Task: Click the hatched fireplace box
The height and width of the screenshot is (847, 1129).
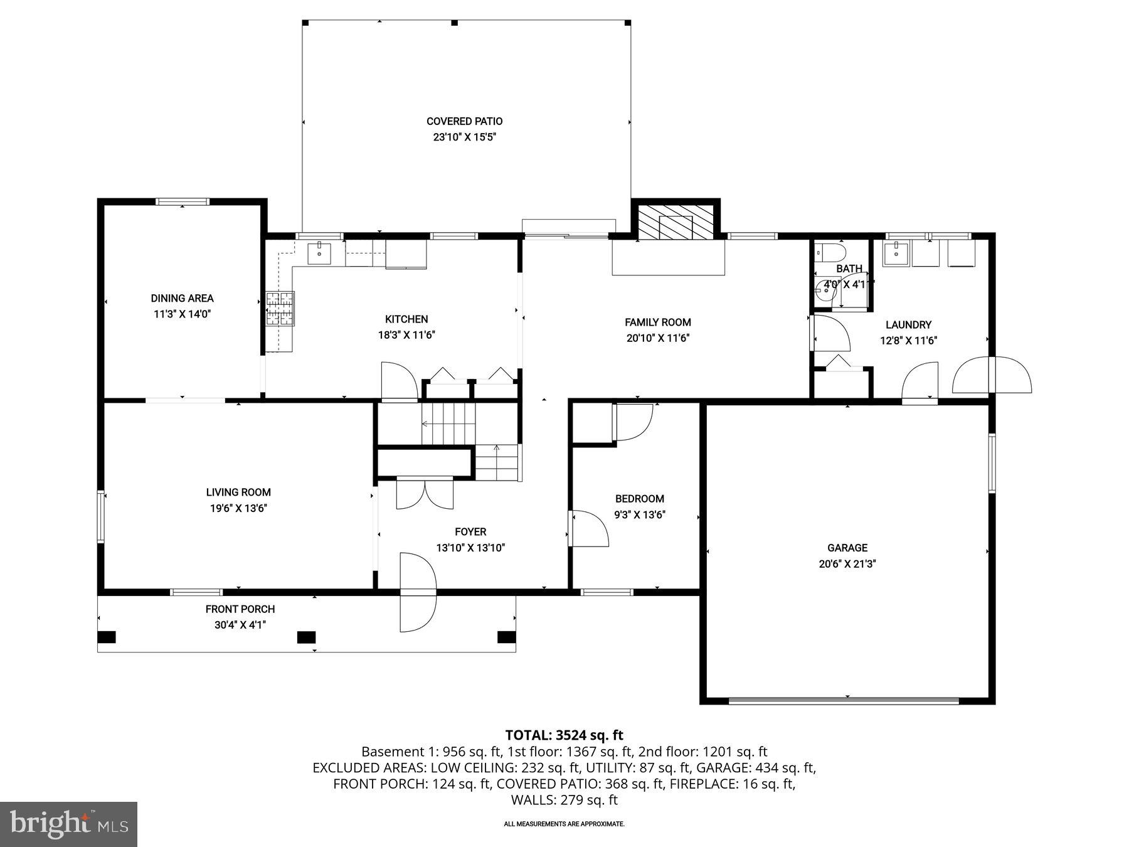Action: click(x=676, y=222)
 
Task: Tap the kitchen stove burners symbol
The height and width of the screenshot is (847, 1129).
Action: click(x=280, y=308)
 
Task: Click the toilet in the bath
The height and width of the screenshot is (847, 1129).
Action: click(x=829, y=253)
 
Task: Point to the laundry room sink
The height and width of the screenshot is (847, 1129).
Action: click(x=896, y=253)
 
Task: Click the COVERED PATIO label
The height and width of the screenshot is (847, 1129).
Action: click(x=464, y=121)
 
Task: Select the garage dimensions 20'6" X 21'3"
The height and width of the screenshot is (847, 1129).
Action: click(x=847, y=563)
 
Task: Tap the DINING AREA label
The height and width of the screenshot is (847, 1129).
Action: click(x=182, y=298)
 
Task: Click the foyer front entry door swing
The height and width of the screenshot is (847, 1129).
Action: click(x=417, y=592)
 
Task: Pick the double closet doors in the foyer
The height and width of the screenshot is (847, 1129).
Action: click(x=425, y=494)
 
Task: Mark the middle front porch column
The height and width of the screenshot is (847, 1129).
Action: click(x=306, y=637)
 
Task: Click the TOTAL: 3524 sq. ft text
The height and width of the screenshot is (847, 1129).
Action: click(x=564, y=735)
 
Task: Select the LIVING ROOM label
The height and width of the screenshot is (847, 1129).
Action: click(x=238, y=493)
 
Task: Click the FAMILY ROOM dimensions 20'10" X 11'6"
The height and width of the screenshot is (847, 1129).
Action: click(x=658, y=338)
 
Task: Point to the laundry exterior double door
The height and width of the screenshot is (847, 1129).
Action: click(x=992, y=375)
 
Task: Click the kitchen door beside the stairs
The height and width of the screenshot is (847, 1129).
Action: click(x=399, y=381)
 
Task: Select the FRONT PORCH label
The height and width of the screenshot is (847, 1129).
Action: click(x=240, y=609)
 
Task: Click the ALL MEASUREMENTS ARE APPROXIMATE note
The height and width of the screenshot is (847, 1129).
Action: click(x=564, y=824)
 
